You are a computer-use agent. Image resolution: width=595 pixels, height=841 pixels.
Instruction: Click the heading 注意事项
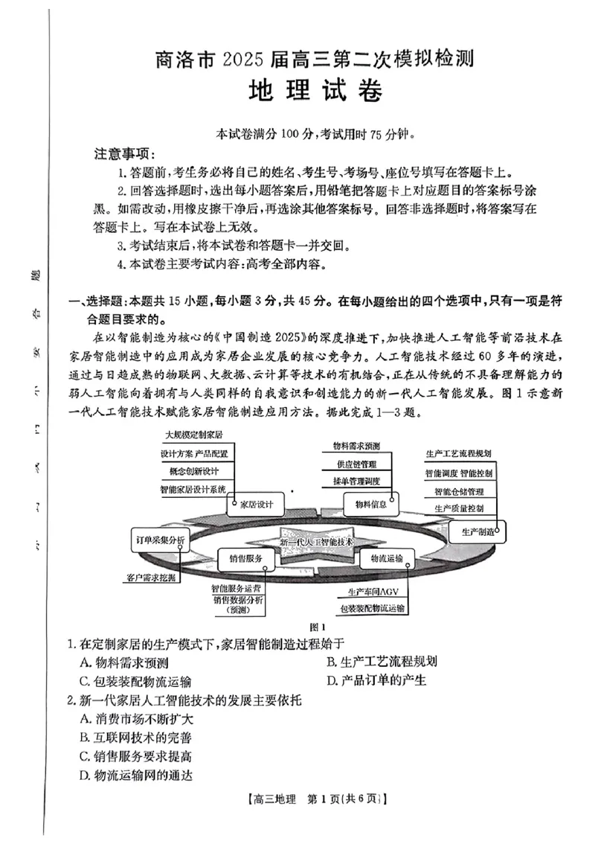point(124,154)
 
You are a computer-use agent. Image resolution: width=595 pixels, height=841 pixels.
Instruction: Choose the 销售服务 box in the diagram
point(245,557)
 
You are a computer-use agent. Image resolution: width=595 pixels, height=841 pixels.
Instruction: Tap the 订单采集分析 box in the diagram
point(161,538)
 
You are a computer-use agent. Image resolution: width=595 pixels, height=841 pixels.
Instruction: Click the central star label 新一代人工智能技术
point(317,542)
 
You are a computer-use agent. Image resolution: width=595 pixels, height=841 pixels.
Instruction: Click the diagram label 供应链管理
point(356,464)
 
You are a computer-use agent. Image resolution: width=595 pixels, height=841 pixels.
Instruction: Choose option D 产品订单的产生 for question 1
point(376,679)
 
